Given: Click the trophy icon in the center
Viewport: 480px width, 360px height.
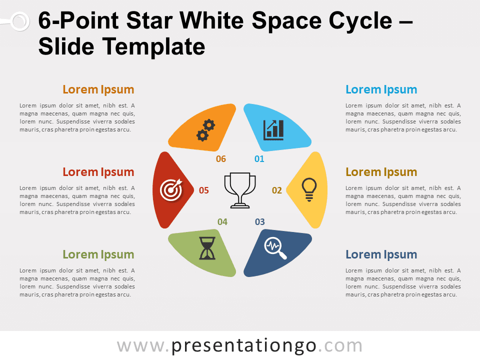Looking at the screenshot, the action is click(240, 190).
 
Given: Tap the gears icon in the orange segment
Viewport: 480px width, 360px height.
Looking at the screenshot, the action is click(205, 130).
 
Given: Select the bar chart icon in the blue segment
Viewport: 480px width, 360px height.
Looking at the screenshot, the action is click(273, 130).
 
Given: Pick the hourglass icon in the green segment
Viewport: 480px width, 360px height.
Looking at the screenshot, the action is click(207, 248).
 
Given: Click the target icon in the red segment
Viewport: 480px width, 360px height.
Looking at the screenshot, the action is click(171, 190).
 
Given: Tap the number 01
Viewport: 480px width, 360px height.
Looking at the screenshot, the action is click(259, 159).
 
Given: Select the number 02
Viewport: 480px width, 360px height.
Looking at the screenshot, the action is click(276, 190).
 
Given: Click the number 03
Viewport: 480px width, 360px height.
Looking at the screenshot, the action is click(260, 222).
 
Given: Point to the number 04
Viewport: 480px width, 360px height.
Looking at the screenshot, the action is click(222, 222).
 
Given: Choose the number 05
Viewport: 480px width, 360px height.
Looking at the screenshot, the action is click(204, 190).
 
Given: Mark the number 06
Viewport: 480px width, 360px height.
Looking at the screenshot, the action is click(221, 159).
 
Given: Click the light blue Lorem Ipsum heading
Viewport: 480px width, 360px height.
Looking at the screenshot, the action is click(381, 89).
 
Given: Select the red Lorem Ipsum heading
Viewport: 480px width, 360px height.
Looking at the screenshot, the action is click(98, 172).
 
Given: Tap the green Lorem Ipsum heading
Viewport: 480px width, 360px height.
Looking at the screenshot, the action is click(98, 254).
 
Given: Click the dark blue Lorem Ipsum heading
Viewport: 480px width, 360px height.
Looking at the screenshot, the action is click(381, 254).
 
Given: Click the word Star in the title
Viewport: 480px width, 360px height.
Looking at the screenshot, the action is click(149, 21).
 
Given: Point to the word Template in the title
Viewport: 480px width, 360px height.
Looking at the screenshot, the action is click(153, 47).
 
